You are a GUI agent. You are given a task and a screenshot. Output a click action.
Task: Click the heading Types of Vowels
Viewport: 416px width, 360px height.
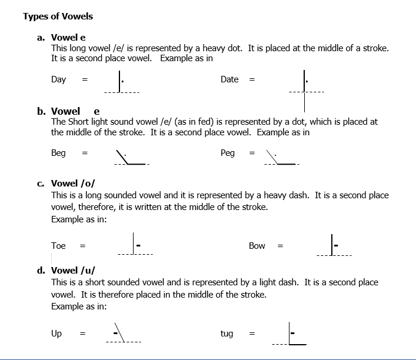point(58,16)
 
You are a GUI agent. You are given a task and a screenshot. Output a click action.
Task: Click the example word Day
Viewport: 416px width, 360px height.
point(58,79)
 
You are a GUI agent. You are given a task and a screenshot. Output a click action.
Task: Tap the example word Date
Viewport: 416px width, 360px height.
point(229,79)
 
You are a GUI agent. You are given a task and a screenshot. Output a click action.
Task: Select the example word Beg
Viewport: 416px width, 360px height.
point(58,153)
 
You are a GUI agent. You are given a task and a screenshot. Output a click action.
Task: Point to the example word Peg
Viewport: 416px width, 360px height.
point(227,153)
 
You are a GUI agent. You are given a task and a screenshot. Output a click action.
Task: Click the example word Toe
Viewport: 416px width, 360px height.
point(58,246)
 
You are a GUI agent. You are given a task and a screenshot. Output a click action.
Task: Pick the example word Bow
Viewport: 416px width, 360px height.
point(257,246)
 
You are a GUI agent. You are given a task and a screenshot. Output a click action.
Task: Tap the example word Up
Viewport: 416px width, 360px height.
point(56,334)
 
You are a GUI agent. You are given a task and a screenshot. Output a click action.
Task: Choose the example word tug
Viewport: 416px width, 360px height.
point(227,334)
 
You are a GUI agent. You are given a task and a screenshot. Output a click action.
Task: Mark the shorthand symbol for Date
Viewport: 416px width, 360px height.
point(305,88)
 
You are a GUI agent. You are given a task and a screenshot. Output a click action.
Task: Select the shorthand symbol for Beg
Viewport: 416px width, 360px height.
point(130,159)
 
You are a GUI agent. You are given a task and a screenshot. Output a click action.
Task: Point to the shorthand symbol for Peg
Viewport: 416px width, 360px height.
point(279,159)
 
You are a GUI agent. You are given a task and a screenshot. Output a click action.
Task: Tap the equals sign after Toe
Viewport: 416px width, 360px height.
point(83,246)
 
